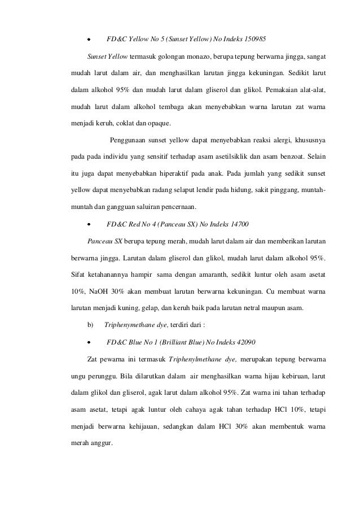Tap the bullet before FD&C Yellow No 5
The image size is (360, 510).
pyautogui.click(x=89, y=40)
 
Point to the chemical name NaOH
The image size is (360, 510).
pyautogui.click(x=94, y=291)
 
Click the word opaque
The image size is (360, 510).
pyautogui.click(x=162, y=122)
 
